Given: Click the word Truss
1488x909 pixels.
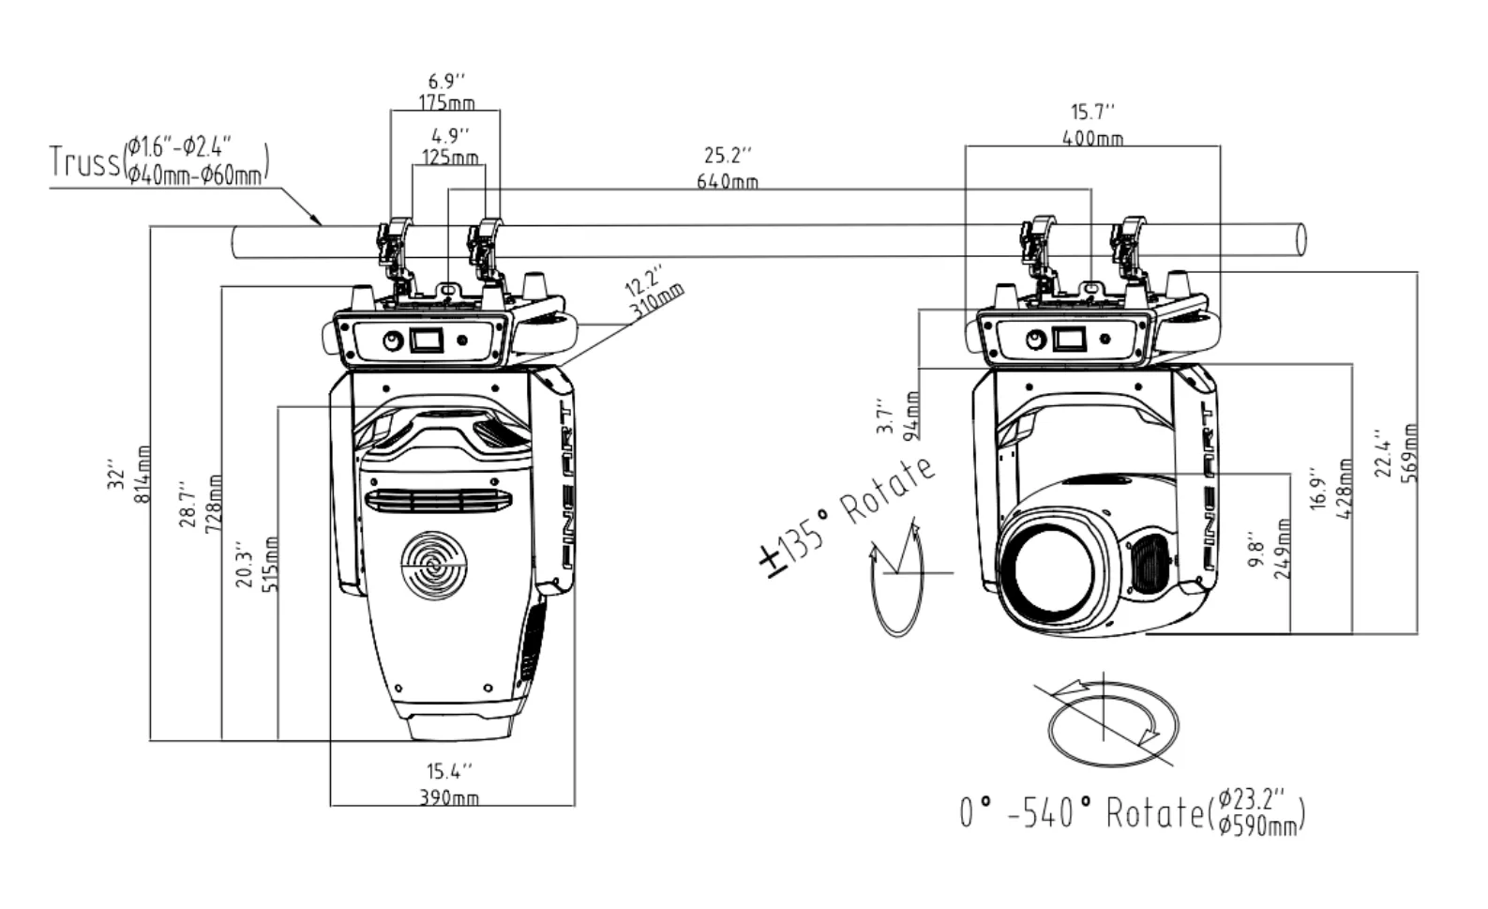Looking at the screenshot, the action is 84,161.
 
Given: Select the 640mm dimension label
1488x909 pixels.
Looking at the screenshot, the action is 728,181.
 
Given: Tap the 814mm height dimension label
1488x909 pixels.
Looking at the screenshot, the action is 143,474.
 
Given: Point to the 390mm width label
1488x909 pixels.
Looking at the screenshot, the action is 449,796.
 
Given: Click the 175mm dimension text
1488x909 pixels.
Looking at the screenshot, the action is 446,103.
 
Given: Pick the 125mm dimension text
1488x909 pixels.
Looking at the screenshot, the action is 450,158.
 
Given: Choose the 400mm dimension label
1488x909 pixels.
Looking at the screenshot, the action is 1092,139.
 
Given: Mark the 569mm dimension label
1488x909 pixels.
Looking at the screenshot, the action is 1409,453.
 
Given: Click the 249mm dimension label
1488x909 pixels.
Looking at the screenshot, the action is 1283,549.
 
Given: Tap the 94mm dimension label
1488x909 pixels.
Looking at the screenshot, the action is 914,417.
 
